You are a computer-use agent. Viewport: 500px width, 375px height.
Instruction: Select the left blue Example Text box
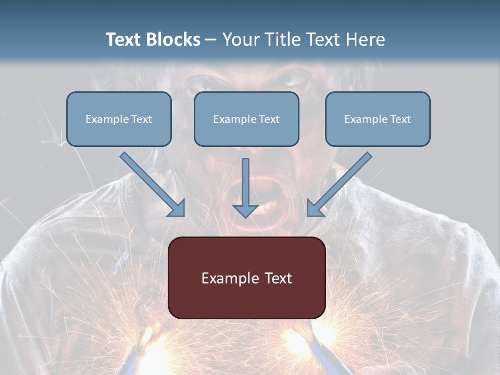coord(119,119)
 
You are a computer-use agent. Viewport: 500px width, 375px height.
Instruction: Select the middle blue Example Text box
coord(246,119)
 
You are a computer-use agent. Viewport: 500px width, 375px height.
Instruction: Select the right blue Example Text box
coord(378,119)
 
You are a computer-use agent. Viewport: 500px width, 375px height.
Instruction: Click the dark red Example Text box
coord(246,278)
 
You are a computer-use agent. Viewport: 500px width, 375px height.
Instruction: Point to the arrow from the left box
coord(151,183)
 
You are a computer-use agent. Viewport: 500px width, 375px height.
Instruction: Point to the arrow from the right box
coord(341,183)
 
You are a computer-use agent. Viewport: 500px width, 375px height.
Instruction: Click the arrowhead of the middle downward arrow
coord(246,211)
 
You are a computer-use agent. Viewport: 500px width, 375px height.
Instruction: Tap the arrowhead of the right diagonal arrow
coord(314,209)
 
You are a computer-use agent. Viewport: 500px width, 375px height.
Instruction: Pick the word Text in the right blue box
coord(400,119)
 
